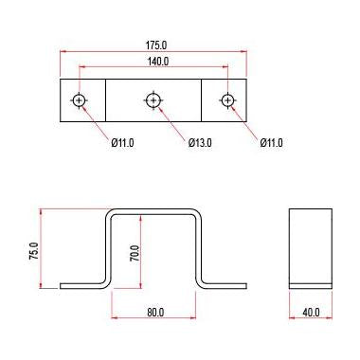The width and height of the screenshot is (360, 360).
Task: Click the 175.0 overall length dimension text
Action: [154, 45]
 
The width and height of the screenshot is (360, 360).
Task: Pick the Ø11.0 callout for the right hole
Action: [271, 143]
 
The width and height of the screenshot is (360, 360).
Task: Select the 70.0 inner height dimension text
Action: [135, 253]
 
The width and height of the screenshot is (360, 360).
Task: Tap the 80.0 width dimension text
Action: [155, 312]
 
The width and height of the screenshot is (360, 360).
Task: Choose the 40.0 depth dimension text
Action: [311, 312]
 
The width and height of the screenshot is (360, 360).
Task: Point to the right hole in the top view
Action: [227, 100]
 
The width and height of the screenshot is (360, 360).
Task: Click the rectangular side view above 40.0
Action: [311, 244]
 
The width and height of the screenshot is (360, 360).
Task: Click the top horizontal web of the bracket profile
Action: [154, 211]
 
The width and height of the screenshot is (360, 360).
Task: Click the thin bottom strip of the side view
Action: [311, 284]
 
